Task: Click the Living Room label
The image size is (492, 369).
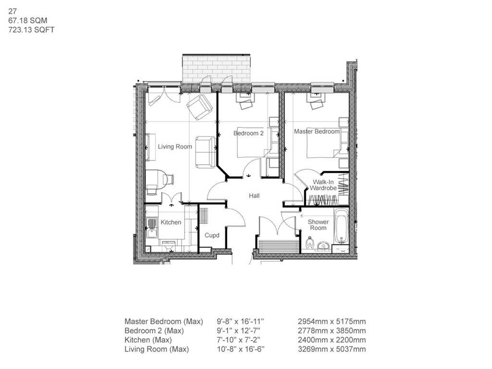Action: click(x=175, y=147)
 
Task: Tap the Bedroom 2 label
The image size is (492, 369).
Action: click(x=248, y=133)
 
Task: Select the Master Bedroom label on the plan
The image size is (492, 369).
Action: click(x=317, y=131)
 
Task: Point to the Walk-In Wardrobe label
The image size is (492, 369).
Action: click(x=323, y=185)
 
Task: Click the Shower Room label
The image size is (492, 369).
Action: click(x=318, y=224)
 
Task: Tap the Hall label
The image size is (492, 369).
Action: click(x=254, y=196)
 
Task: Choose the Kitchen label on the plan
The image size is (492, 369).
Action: click(x=171, y=222)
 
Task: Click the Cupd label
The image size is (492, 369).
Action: click(x=212, y=235)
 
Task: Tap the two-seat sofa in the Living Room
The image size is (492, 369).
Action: click(x=205, y=152)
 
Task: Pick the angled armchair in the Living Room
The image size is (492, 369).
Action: click(x=199, y=107)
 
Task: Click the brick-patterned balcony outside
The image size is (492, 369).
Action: click(x=217, y=69)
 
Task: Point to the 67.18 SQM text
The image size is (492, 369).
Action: click(x=28, y=21)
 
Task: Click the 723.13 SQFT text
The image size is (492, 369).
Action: click(x=32, y=29)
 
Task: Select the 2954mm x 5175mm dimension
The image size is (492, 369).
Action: click(x=332, y=321)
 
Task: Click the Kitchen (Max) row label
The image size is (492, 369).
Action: click(x=148, y=340)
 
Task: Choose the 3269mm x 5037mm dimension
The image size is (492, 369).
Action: click(x=332, y=349)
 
